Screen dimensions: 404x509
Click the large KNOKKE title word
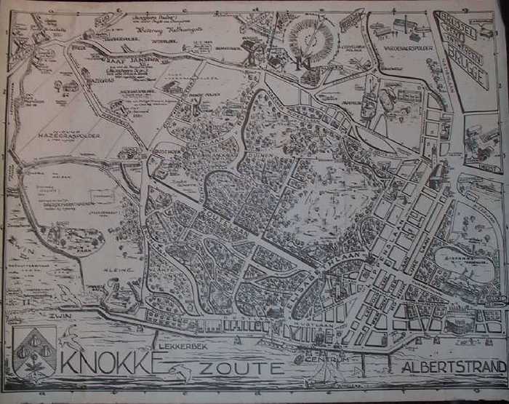point(108,361)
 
